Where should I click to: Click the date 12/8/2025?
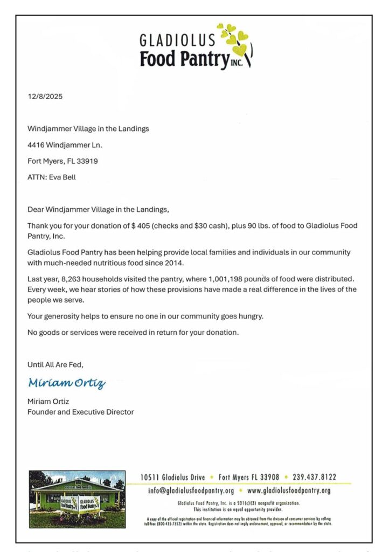pyautogui.click(x=45, y=97)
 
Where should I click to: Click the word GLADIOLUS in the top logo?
pyautogui.click(x=177, y=40)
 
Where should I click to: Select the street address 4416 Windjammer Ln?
pyautogui.click(x=65, y=144)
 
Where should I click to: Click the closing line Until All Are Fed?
pyautogui.click(x=55, y=364)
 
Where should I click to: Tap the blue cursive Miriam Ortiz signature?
pyautogui.click(x=67, y=383)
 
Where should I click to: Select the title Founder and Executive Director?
pyautogui.click(x=80, y=412)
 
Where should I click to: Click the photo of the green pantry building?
pyautogui.click(x=77, y=499)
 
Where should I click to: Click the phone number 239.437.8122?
pyautogui.click(x=315, y=477)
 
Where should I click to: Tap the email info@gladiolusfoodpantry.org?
pyautogui.click(x=191, y=491)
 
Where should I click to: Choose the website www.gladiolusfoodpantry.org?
pyautogui.click(x=289, y=491)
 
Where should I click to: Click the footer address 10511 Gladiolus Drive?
pyautogui.click(x=173, y=477)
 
